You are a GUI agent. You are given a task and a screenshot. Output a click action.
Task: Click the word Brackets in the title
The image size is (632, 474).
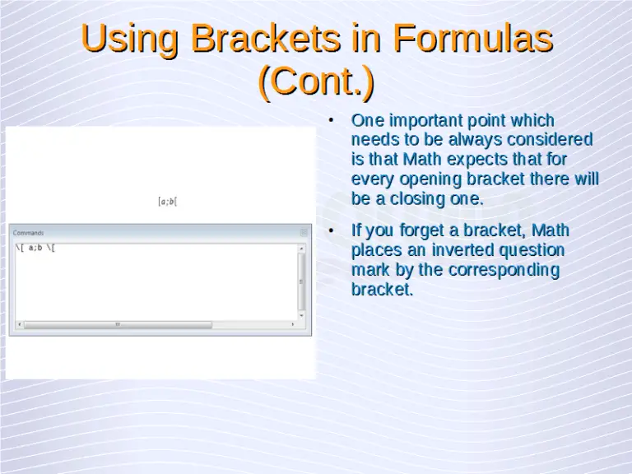point(250,39)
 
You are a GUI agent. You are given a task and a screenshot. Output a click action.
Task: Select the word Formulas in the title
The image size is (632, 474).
point(471,39)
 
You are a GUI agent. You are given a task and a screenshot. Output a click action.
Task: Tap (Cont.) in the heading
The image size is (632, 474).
point(316,81)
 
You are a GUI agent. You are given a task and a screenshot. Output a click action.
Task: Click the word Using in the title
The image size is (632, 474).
point(130,39)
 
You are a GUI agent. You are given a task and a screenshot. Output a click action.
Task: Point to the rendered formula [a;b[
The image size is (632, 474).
point(168,201)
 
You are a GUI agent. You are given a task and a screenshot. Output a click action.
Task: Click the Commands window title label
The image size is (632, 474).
point(28,233)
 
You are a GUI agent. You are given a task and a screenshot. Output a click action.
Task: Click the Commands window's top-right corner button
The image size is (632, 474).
point(304,233)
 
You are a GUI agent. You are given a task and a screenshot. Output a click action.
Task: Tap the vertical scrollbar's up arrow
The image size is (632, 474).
point(302,248)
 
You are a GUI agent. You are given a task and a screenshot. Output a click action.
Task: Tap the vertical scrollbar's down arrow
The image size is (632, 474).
point(302,316)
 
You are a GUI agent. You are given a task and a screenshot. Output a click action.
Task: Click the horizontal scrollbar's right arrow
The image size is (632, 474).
point(292,324)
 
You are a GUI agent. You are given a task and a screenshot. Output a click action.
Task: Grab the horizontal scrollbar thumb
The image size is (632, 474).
point(118,324)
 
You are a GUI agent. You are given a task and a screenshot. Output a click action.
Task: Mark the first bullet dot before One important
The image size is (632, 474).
point(331,121)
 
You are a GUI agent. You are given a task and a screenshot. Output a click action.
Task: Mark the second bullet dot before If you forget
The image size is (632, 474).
point(331,230)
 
